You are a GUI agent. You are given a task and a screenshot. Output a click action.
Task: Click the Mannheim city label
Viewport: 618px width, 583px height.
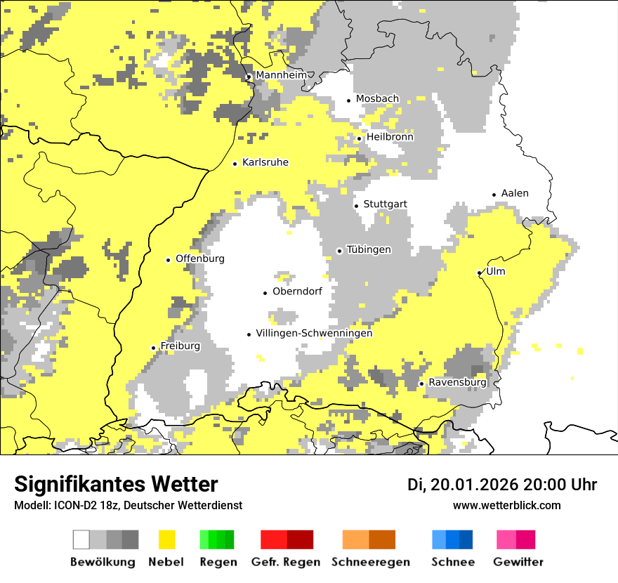coord(281,75)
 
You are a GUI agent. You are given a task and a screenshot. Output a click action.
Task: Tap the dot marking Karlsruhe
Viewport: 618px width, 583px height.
coord(235,164)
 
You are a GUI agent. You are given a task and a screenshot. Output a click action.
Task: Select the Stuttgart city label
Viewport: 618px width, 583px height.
coord(385,204)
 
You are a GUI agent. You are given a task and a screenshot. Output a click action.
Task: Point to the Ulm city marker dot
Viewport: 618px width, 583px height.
coord(479,273)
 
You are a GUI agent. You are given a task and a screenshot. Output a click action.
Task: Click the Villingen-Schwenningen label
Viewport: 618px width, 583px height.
coord(314,334)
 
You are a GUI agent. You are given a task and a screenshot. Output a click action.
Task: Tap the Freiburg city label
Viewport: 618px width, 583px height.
coord(180,346)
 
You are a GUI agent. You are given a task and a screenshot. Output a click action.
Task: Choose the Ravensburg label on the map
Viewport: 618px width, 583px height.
coord(457,383)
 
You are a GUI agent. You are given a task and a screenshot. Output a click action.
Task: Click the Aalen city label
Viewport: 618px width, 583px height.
coord(515,193)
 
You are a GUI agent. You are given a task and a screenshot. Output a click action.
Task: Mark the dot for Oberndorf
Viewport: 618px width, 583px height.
coord(265,293)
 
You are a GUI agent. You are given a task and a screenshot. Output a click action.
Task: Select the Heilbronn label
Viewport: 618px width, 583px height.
coord(390,137)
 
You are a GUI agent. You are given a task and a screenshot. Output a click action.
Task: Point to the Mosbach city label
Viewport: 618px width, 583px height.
coord(377,99)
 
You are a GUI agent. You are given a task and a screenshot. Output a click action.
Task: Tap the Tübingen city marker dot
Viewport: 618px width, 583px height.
coord(339,251)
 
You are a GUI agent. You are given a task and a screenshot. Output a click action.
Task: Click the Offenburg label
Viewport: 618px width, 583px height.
coord(200,258)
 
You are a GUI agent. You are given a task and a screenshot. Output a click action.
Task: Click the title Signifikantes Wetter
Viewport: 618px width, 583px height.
coord(116,484)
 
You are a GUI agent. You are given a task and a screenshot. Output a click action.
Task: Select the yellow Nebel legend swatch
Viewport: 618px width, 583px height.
coord(166,539)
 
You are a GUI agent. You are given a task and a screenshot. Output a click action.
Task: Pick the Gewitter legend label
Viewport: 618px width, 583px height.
coord(518,562)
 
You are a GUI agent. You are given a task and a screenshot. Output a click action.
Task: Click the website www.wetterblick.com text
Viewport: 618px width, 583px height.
coord(506,506)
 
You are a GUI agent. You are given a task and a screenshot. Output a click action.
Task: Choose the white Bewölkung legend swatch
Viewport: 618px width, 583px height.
coord(81,539)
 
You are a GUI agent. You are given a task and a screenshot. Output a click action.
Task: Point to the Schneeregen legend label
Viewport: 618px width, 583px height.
coord(370,562)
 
